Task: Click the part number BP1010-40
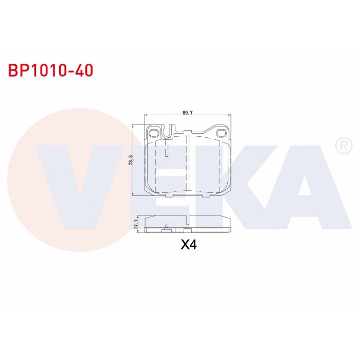pos(50,70)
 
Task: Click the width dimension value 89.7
pos(188,113)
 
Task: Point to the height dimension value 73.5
pos(131,160)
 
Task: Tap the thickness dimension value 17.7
pos(135,224)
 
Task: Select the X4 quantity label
pos(189,244)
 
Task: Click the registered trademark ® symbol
pos(344,146)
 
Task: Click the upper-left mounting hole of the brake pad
pos(153,133)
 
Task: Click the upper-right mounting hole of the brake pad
pos(221,133)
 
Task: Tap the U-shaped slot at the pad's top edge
pos(167,132)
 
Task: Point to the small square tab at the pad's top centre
pos(188,132)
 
